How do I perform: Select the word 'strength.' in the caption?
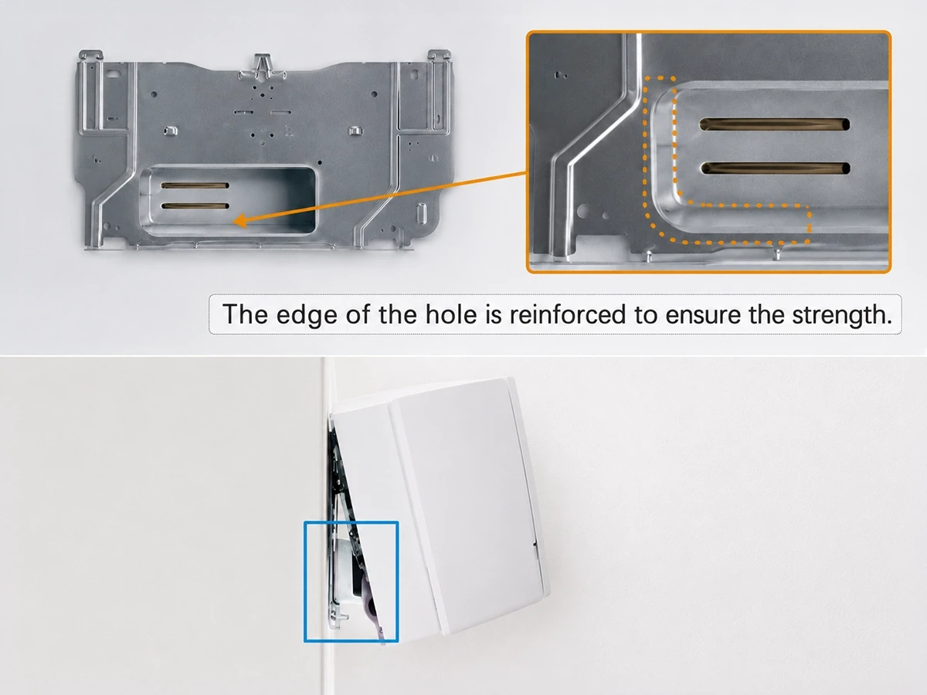point(842,315)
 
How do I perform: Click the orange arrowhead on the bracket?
point(241,220)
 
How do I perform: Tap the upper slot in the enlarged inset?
point(775,124)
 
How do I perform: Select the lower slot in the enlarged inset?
point(776,168)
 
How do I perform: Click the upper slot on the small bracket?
point(195,185)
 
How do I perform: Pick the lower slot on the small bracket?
point(195,206)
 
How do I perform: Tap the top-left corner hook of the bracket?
point(90,56)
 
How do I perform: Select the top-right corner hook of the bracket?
point(440,56)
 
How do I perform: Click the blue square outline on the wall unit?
point(305,581)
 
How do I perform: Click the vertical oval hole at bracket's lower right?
point(421,213)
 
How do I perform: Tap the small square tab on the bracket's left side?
point(171,131)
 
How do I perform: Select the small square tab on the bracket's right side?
point(355,131)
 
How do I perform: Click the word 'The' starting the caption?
point(245,314)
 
